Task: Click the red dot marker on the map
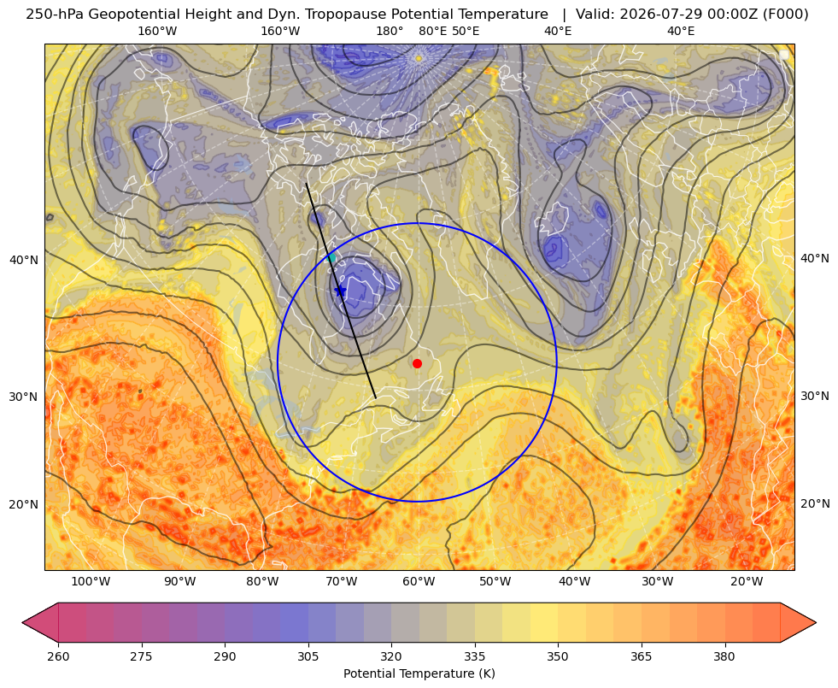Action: (x=418, y=363)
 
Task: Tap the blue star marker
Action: (x=341, y=291)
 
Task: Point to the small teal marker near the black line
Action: (x=332, y=257)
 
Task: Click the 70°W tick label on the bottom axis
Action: (x=342, y=582)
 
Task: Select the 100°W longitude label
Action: (x=91, y=582)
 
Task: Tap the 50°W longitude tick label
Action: (x=495, y=582)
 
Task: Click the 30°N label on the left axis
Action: (x=24, y=397)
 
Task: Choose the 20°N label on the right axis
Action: (x=815, y=503)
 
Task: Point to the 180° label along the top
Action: (x=390, y=32)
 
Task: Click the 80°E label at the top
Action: (x=433, y=32)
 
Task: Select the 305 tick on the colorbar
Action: (x=308, y=656)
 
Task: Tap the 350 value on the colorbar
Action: (x=558, y=656)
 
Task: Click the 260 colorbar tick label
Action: (x=58, y=656)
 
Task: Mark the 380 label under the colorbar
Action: (x=724, y=656)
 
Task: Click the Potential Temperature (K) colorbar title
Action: (x=419, y=673)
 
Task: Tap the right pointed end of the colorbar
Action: (x=816, y=622)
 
